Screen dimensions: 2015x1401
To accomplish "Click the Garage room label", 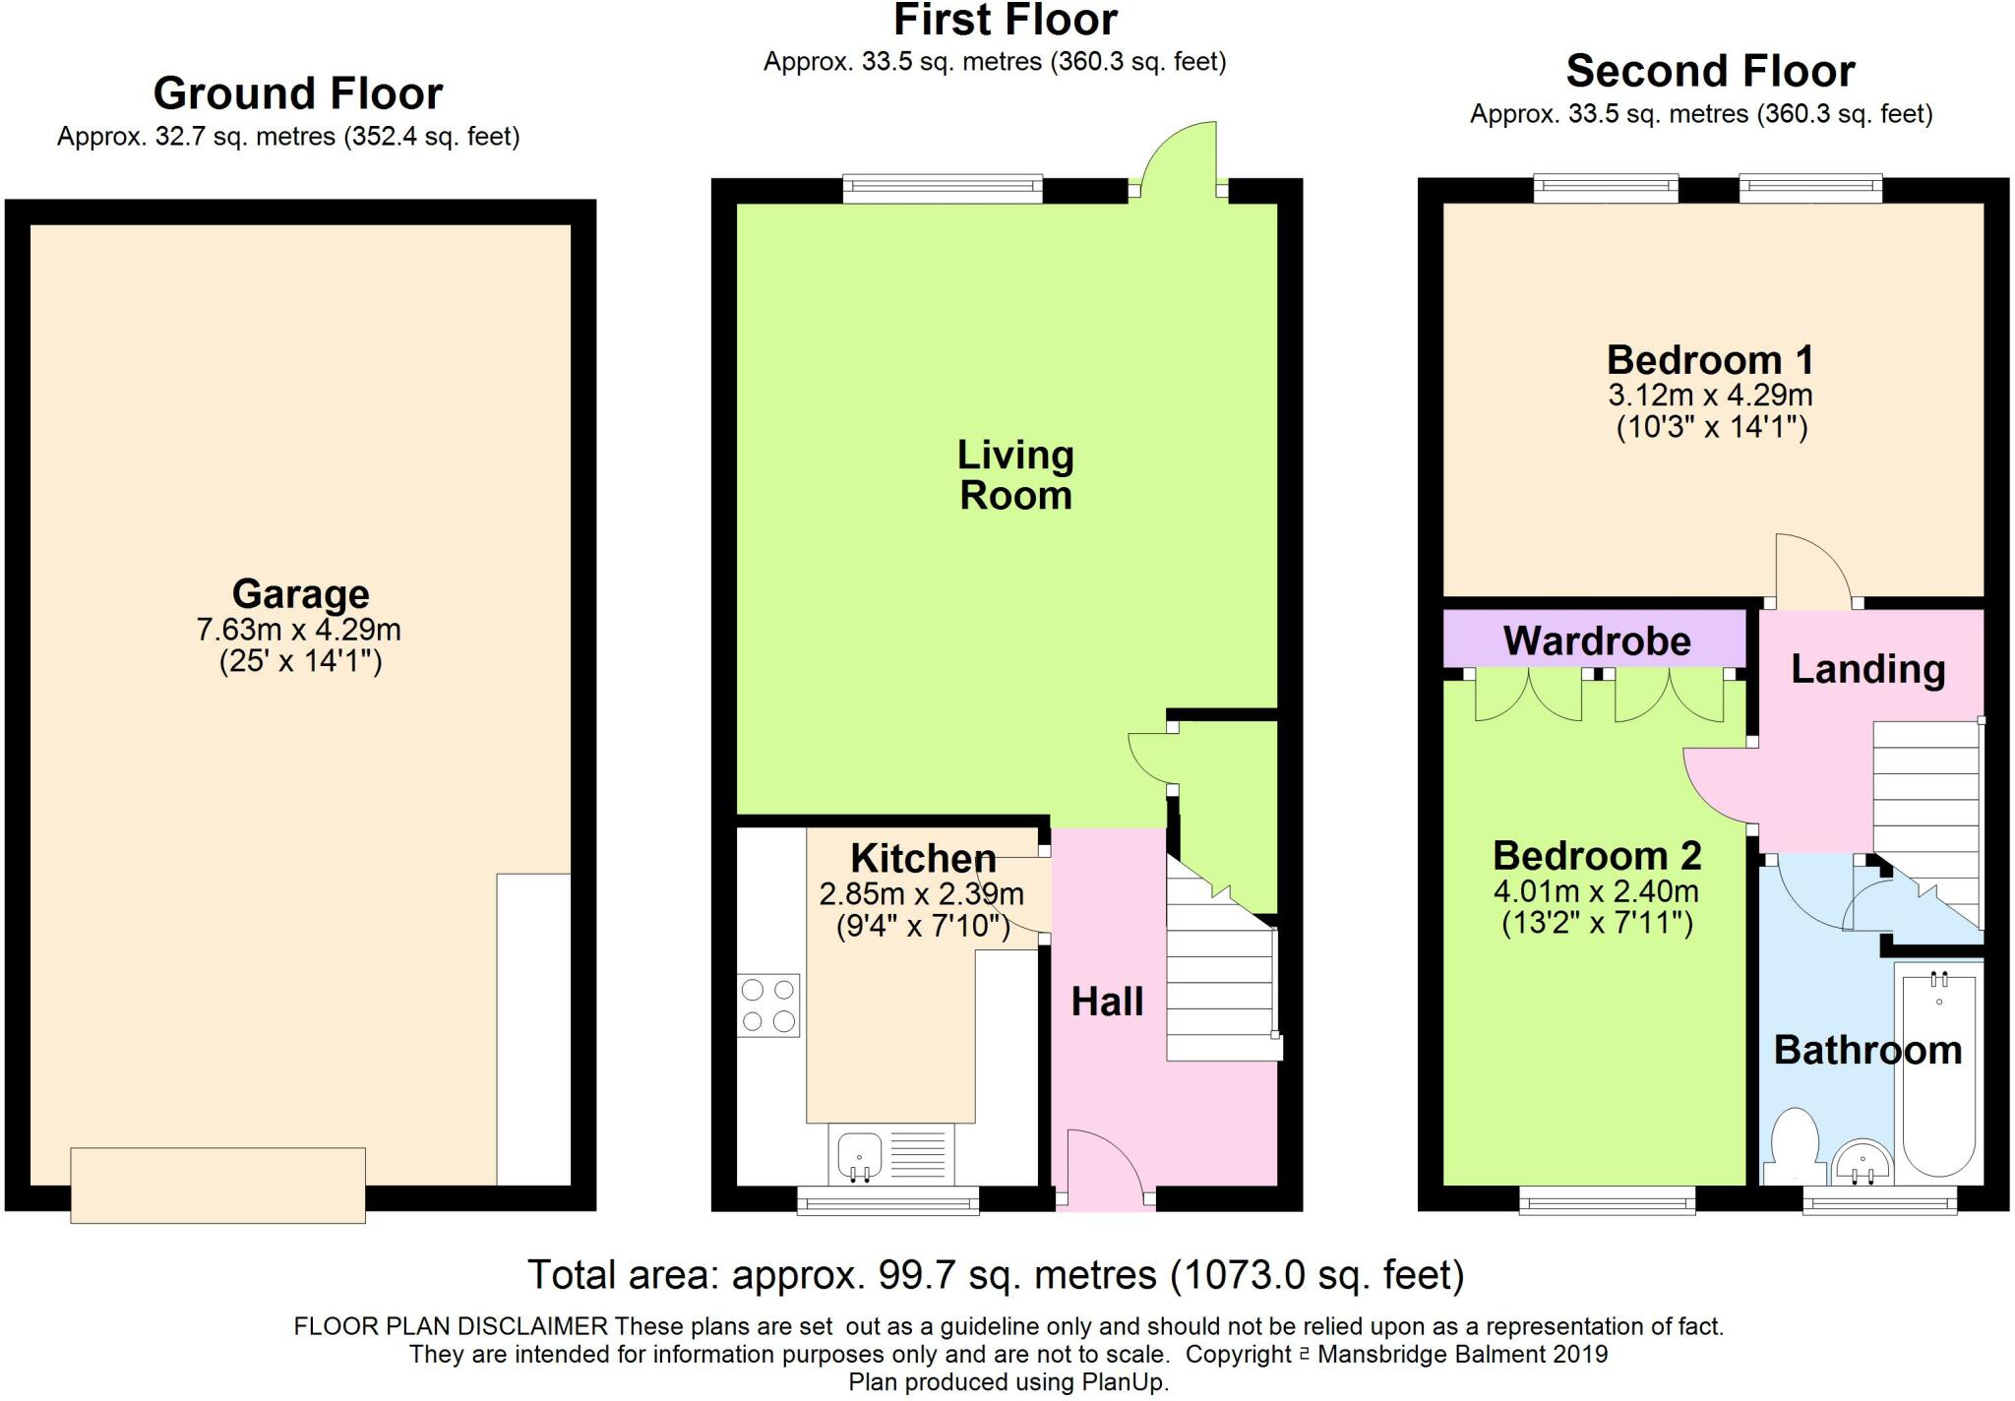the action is (x=300, y=594).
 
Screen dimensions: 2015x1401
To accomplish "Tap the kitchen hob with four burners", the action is (x=768, y=1005).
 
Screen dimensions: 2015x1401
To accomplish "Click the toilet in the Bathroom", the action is (x=1793, y=1147).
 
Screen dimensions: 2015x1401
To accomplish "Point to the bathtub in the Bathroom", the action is (x=1938, y=1072).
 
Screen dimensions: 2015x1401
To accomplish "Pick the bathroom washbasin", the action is (x=1862, y=1163).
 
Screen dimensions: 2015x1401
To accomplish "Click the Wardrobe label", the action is (x=1597, y=641).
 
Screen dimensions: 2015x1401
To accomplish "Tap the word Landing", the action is (x=1867, y=670).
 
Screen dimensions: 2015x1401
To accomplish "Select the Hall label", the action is (x=1107, y=1002).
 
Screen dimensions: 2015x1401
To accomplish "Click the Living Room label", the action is (x=1015, y=475).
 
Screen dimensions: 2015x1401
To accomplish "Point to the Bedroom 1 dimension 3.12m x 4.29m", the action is (x=1710, y=396).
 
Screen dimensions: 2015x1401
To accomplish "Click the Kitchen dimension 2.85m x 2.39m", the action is (x=921, y=894).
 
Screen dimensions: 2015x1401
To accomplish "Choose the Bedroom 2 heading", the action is (x=1597, y=856).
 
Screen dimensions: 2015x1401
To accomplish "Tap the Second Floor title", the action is (x=1710, y=71).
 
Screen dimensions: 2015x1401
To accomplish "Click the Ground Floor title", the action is (x=298, y=93).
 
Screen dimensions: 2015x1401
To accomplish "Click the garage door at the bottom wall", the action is (x=217, y=1185).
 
